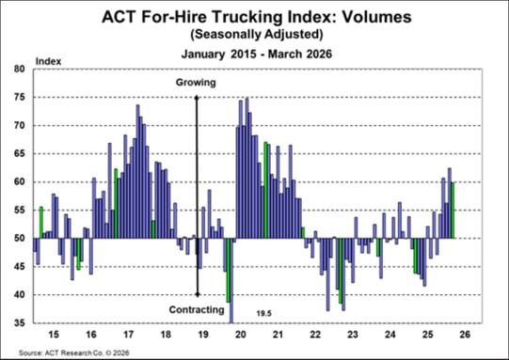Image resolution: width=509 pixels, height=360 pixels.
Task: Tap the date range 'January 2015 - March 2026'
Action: pos(254,54)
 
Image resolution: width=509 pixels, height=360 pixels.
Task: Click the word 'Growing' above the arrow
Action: pos(196,83)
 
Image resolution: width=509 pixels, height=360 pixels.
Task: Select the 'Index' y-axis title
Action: pos(47,61)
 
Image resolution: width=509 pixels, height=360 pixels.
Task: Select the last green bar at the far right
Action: pos(453,210)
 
